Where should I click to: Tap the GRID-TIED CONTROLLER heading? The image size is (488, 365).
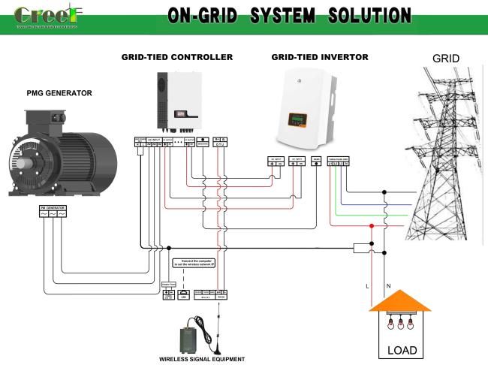pos(177,57)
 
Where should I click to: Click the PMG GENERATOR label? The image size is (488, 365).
pos(59,93)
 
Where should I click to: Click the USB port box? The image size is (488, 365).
pos(184,295)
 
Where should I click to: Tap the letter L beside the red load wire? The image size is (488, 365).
pos(366,286)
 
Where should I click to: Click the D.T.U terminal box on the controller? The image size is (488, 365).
pos(221,142)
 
